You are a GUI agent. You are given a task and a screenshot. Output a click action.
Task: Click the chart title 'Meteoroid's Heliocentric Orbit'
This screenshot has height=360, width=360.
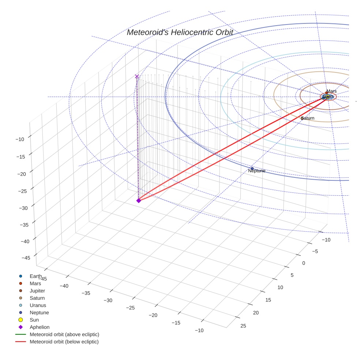click(180, 33)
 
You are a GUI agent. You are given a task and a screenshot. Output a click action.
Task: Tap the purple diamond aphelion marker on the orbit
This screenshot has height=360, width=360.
click(139, 200)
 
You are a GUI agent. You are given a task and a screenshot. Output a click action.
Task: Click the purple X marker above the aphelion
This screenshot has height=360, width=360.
click(137, 76)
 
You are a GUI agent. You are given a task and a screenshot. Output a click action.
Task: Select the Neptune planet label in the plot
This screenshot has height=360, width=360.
click(256, 171)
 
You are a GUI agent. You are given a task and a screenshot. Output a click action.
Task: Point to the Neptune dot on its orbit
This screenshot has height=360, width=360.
click(252, 169)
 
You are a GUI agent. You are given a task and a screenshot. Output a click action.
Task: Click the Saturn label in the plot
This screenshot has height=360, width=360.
click(308, 118)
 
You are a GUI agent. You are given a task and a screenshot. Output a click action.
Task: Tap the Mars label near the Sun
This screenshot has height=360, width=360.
click(331, 91)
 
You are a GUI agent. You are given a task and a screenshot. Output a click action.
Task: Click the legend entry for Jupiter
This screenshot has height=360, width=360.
click(37, 290)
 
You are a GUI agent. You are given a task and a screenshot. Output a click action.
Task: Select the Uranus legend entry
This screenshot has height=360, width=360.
click(38, 305)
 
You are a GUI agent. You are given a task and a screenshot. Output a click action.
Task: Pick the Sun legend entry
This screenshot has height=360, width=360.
click(34, 320)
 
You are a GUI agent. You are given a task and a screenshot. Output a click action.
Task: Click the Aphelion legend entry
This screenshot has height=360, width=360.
click(40, 327)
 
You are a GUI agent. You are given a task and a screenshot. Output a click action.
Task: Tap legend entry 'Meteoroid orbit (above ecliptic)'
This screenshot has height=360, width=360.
click(64, 334)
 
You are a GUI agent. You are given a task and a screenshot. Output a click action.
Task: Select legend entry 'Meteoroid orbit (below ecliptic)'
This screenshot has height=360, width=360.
click(64, 342)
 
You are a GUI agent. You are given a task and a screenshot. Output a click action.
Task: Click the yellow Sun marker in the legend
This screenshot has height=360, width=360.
click(21, 320)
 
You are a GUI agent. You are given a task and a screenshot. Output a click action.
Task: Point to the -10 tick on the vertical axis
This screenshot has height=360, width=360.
click(20, 139)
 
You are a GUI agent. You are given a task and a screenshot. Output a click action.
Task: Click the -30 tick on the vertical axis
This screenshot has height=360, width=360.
click(20, 208)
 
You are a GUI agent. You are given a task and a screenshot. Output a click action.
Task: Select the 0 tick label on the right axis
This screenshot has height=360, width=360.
click(303, 263)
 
